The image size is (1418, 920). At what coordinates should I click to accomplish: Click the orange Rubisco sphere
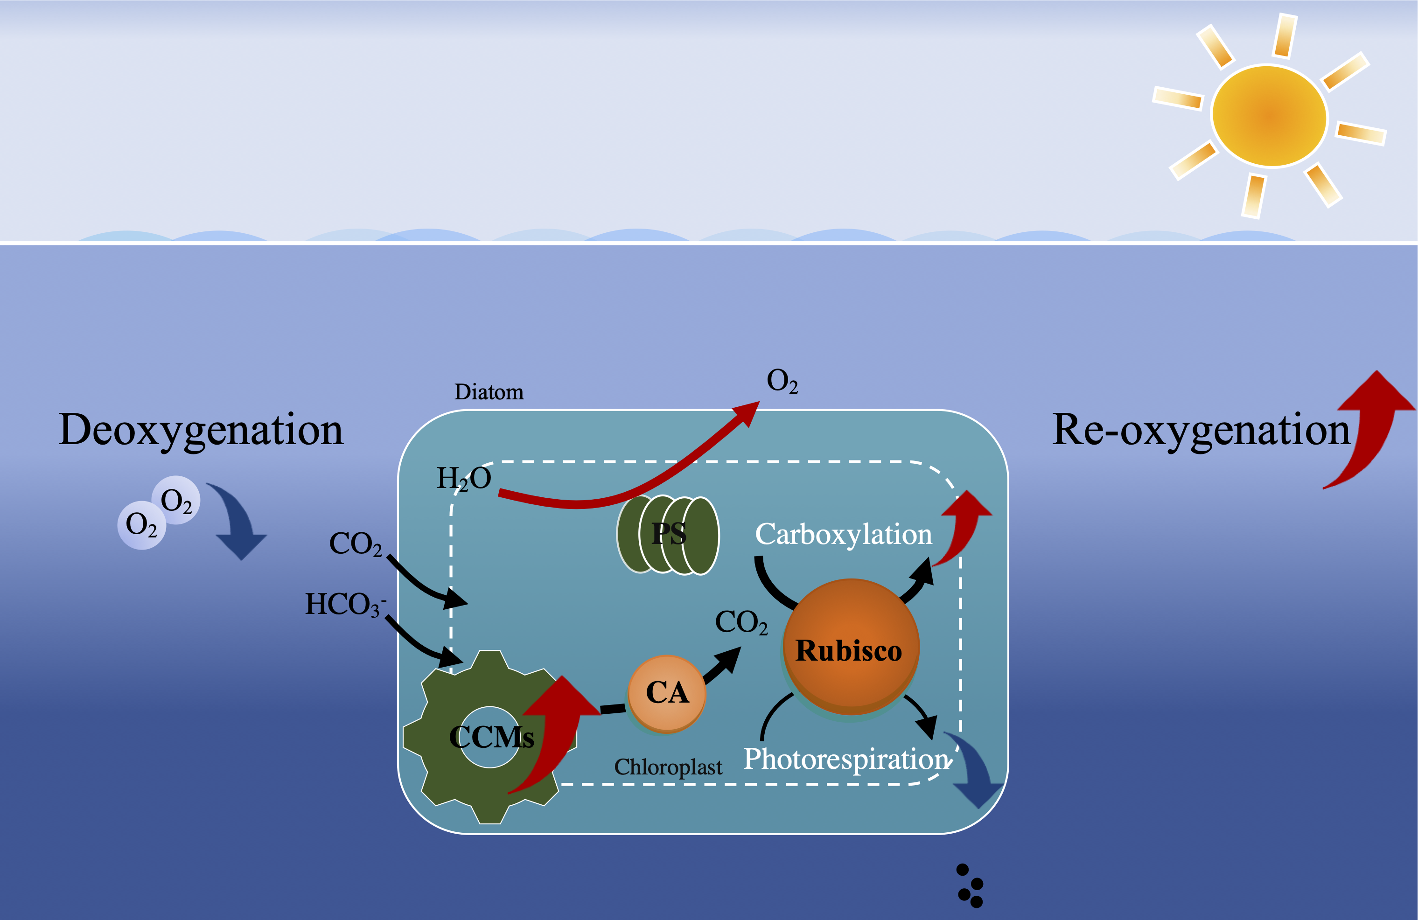tap(851, 647)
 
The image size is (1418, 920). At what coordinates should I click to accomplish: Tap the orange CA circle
tap(667, 693)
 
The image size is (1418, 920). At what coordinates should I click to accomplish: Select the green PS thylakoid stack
tap(668, 535)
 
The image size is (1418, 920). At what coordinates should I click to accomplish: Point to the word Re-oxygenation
tap(1201, 430)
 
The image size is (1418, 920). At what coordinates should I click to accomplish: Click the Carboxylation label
tap(843, 534)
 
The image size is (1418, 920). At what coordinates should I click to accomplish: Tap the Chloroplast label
tap(668, 767)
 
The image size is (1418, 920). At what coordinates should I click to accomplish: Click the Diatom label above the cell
tap(489, 392)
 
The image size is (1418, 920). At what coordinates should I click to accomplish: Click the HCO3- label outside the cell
tap(344, 604)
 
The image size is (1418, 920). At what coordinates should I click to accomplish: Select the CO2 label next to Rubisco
tap(740, 622)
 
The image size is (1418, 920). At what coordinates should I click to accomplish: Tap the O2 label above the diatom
tap(781, 381)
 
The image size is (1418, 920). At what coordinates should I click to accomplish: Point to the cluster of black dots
tap(970, 886)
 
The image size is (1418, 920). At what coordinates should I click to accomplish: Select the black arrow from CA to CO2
tap(723, 666)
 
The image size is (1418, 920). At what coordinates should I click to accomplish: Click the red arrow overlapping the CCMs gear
tap(557, 733)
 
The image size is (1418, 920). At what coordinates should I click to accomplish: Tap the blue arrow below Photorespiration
tap(975, 772)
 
